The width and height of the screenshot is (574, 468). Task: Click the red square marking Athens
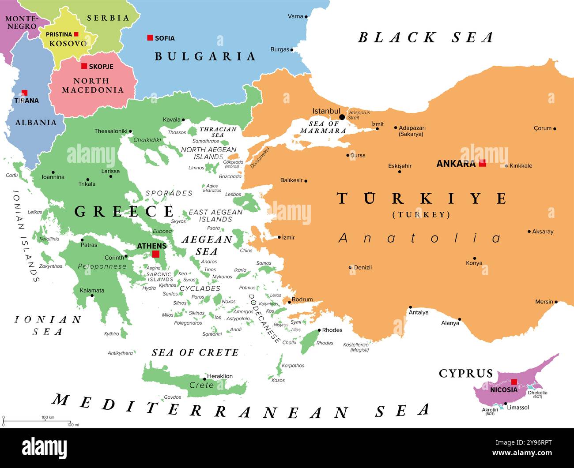[x=155, y=254]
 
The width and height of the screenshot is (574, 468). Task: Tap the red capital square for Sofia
[x=150, y=38]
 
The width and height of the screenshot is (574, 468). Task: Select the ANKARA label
[x=456, y=164]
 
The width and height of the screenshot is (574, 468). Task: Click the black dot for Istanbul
[x=342, y=117]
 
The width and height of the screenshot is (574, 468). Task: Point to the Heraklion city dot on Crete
[x=204, y=379]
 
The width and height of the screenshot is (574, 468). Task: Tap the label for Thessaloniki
[x=110, y=131]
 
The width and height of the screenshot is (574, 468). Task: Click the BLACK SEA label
[x=425, y=37]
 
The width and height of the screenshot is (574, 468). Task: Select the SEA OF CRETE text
[x=195, y=352]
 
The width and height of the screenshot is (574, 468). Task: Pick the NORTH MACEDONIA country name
[x=92, y=86]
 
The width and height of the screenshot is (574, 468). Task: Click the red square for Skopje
[x=84, y=66]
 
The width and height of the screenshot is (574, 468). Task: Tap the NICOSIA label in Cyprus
[x=503, y=390]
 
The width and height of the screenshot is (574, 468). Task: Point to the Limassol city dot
[x=506, y=404]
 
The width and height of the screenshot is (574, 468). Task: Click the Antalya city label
[x=418, y=312]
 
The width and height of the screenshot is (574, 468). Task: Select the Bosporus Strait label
[x=359, y=115]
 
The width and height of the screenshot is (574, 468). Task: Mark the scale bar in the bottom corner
[x=37, y=421]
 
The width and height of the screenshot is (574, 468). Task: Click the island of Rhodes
[x=310, y=342]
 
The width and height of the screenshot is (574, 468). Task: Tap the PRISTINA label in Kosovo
[x=59, y=34]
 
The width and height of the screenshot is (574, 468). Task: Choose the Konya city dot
[x=475, y=258]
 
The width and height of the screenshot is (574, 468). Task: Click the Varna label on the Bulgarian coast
[x=295, y=16]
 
